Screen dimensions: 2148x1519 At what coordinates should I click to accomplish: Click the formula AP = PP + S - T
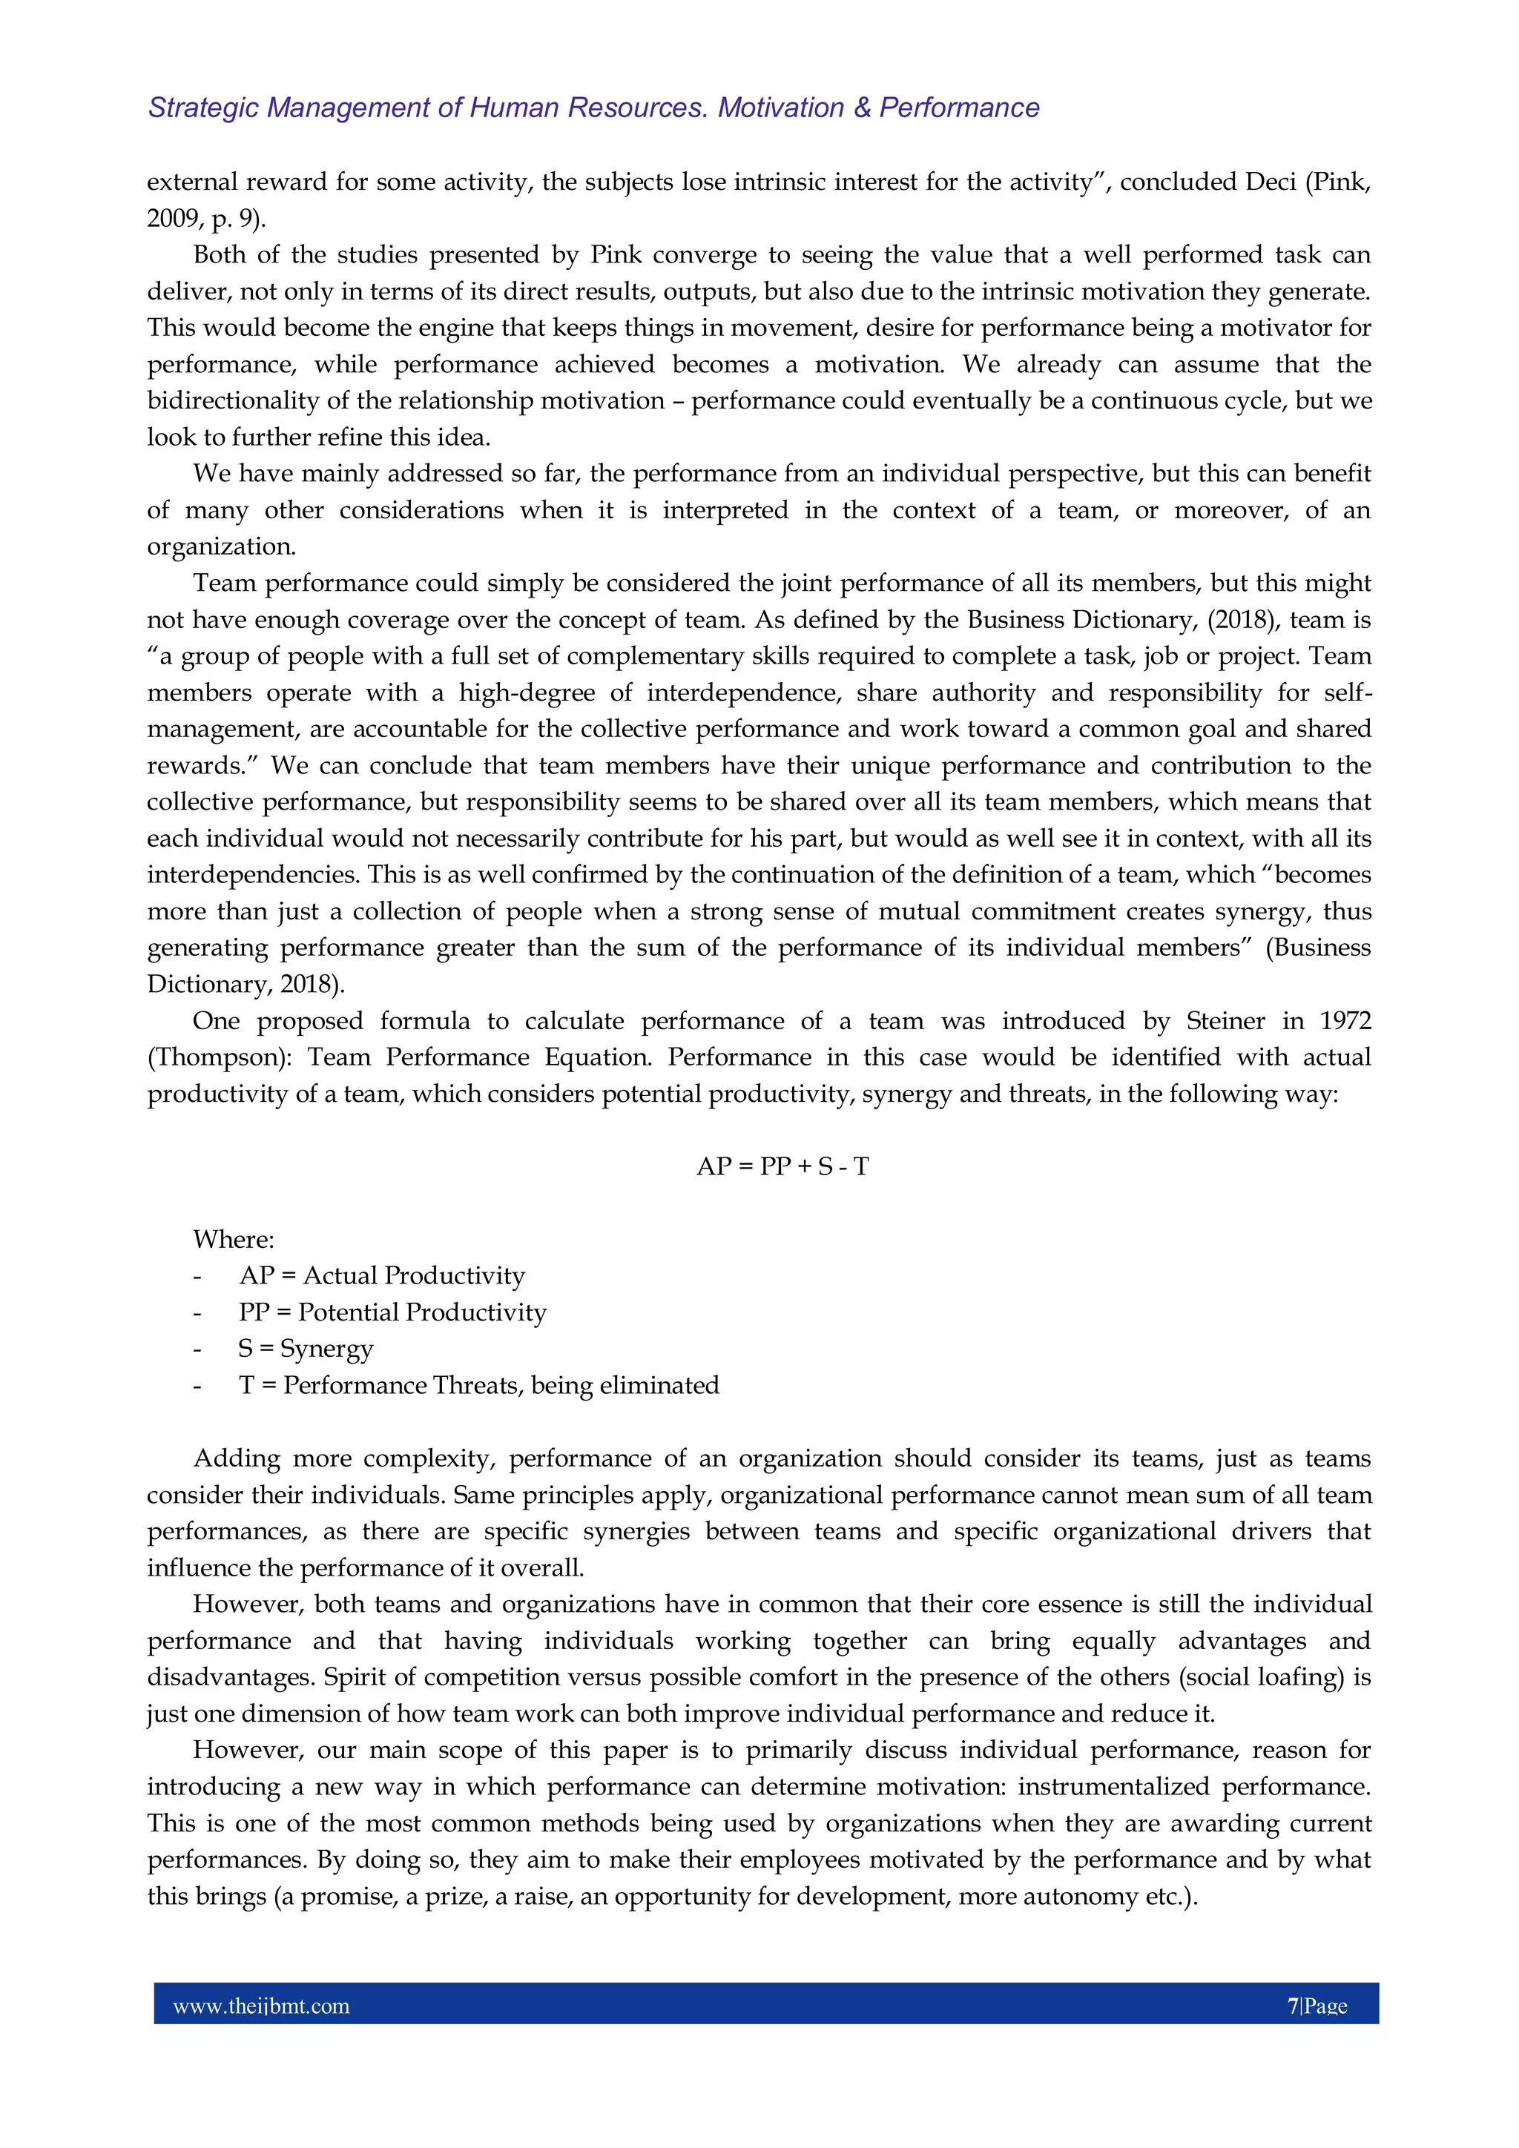pos(782,1166)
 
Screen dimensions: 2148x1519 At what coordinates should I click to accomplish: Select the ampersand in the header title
pos(861,108)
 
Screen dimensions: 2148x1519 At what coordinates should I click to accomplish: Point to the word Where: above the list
pos(234,1240)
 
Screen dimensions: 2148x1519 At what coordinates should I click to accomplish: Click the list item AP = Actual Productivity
pos(382,1276)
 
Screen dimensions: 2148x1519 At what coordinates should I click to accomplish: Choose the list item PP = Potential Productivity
pos(392,1312)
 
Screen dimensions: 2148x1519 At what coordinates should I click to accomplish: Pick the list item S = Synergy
pos(306,1349)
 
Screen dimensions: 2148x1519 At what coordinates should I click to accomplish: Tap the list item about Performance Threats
pos(479,1386)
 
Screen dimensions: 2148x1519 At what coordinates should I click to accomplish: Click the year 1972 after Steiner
pos(1345,1021)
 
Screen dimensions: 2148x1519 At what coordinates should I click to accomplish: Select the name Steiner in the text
pos(1226,1021)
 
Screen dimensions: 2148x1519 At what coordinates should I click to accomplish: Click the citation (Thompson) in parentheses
pos(220,1057)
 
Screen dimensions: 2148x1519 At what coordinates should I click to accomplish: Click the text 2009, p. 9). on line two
pos(206,219)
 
